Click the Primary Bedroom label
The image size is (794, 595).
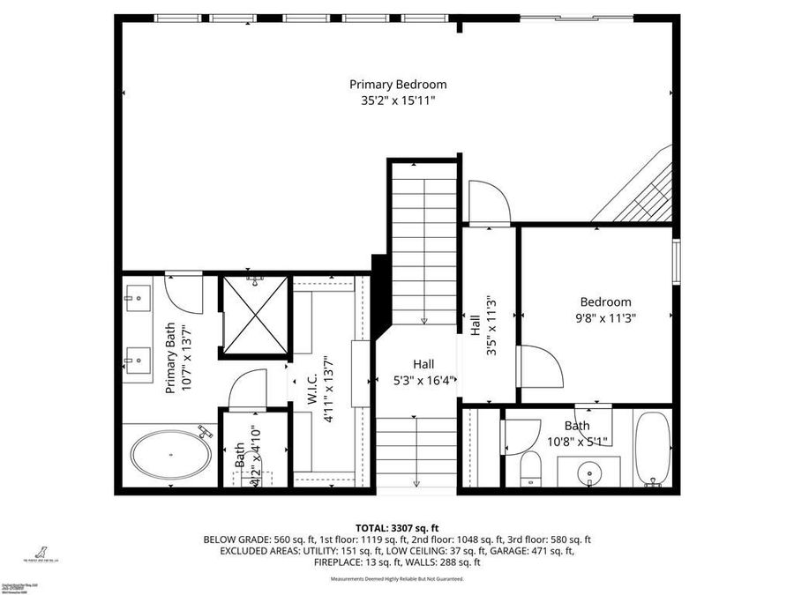398,85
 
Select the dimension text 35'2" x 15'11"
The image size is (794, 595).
398,100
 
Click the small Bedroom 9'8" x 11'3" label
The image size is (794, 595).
605,309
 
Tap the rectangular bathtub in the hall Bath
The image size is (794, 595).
654,449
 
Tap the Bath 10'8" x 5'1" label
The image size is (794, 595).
579,433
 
